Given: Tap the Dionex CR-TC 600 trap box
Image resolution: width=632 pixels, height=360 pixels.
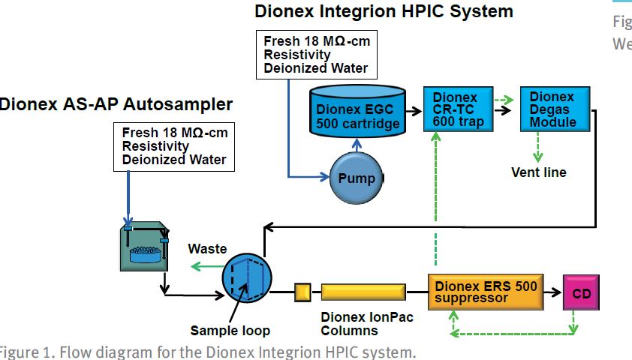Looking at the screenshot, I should click(x=452, y=109).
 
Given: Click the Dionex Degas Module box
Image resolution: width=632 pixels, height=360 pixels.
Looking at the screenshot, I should click(x=552, y=109).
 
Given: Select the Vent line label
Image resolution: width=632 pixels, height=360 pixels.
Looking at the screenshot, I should click(x=538, y=172).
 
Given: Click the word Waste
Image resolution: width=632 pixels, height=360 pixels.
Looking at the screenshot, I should click(x=207, y=248).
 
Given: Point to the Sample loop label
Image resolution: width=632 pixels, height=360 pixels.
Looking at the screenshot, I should click(x=230, y=331).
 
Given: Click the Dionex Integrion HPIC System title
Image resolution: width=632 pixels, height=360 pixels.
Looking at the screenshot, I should click(x=384, y=11).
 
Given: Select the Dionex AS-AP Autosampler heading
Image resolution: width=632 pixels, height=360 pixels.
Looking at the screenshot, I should click(x=116, y=103).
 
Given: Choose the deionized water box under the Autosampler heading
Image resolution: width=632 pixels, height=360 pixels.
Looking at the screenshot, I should click(x=174, y=146).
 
